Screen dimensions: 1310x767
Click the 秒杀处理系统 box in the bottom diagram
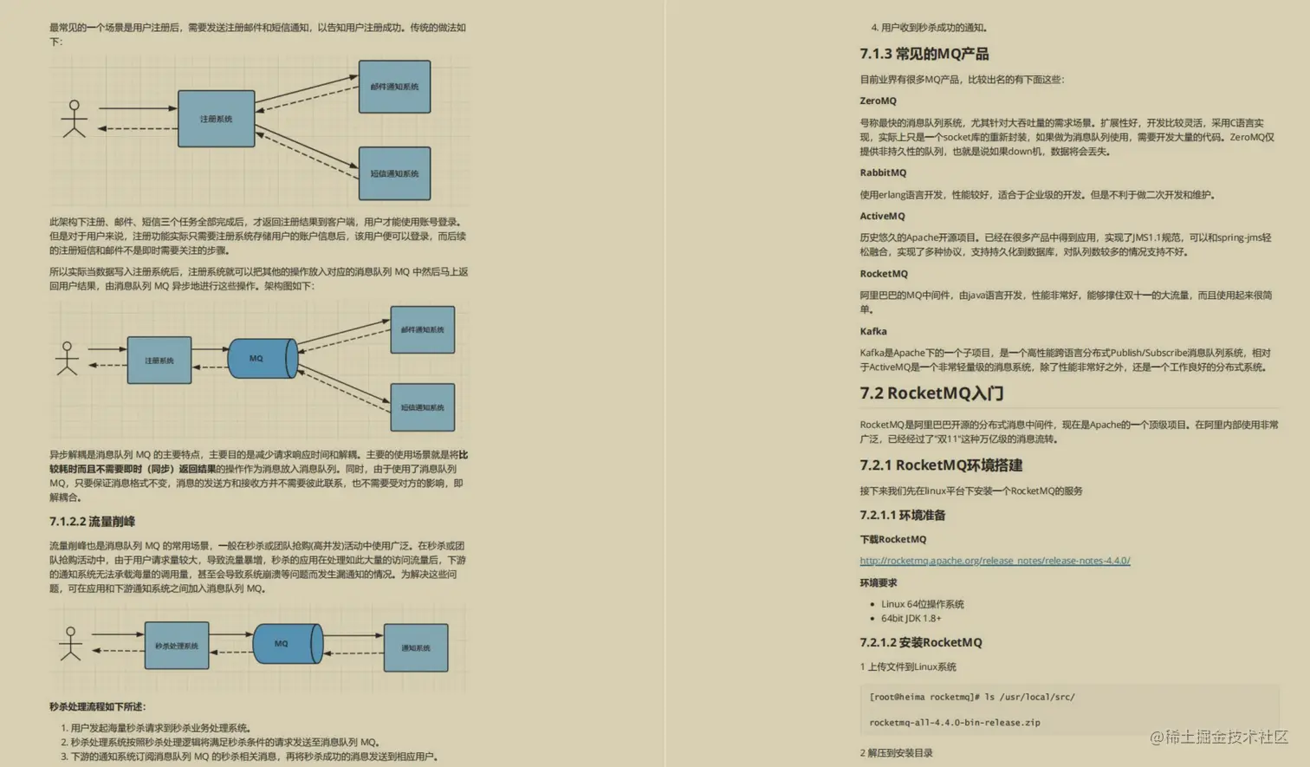pos(177,646)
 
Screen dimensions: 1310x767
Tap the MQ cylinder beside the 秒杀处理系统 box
pos(287,644)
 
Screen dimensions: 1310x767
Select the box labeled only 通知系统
pos(416,647)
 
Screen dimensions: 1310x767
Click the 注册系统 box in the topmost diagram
pos(216,119)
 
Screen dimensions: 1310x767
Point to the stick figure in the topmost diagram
pos(75,119)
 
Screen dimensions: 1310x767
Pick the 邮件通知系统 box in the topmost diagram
pos(394,87)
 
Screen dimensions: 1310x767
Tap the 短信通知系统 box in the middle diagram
pos(422,407)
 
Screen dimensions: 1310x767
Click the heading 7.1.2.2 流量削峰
pos(92,522)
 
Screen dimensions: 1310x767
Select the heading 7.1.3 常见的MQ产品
pos(924,54)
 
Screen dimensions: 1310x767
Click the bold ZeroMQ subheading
pos(878,101)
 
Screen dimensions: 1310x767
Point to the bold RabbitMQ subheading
pos(883,173)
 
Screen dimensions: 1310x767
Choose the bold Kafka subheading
pos(872,332)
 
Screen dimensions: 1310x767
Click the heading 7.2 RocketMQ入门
pos(931,393)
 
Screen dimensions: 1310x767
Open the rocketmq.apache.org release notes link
pos(995,561)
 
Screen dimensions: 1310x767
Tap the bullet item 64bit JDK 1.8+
pos(911,619)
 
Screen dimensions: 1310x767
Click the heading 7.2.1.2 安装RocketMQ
pos(920,643)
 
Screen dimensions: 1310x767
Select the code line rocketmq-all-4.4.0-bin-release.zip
pos(954,723)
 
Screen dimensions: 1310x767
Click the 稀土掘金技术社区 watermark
pos(1219,738)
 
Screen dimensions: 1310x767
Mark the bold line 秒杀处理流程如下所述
pos(97,707)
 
